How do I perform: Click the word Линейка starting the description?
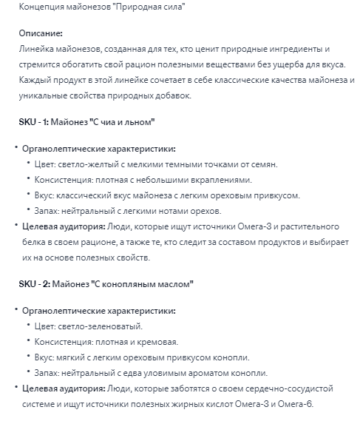37,49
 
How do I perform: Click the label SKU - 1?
33,121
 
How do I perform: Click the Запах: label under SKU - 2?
50,372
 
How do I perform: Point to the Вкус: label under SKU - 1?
47,195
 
